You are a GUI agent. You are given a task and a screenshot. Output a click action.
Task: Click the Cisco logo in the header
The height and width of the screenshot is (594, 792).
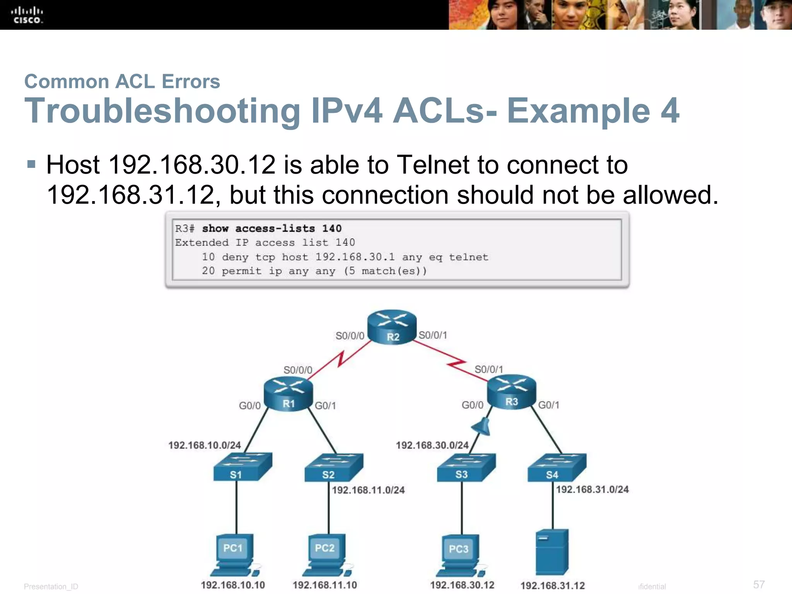coord(27,15)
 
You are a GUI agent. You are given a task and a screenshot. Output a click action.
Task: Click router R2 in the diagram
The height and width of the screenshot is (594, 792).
coord(392,327)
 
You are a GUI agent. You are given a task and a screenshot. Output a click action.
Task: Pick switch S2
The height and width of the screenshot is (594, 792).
coord(334,468)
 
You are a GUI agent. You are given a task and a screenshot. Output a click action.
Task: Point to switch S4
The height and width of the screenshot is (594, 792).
coord(557,468)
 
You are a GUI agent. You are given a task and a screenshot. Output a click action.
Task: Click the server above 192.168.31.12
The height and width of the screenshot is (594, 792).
coord(552,552)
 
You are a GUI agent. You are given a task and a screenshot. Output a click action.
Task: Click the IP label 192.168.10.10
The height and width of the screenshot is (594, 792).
coord(233,585)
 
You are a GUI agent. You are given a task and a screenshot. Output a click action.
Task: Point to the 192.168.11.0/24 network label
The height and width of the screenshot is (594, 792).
coord(368,490)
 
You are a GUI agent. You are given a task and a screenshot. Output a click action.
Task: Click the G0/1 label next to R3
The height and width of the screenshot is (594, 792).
coord(549,405)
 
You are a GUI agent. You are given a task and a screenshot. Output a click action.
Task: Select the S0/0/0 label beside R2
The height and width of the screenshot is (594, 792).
coord(350,336)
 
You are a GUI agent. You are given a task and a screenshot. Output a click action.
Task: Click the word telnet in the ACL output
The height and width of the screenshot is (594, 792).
coord(469,257)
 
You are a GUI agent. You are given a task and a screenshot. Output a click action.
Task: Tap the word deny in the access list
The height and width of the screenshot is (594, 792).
coord(235,257)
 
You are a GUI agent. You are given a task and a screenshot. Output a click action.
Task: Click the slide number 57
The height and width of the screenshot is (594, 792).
coord(759,584)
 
